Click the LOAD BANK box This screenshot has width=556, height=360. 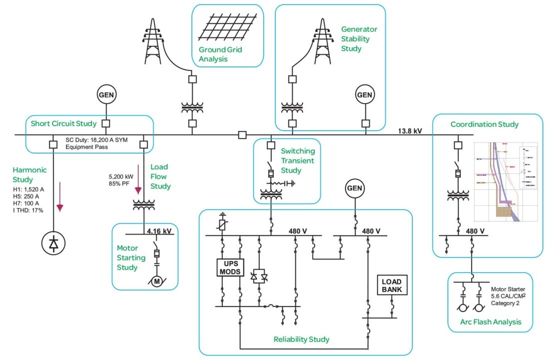point(392,285)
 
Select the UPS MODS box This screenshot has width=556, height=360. point(229,267)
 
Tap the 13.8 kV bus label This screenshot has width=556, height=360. point(410,131)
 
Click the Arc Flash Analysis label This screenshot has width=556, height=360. point(491,322)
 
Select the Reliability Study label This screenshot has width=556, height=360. point(301,339)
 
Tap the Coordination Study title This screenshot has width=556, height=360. point(485,124)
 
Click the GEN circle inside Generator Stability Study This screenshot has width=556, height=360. point(365,95)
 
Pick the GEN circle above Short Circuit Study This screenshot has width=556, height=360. point(106,95)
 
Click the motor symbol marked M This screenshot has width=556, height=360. point(156,281)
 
